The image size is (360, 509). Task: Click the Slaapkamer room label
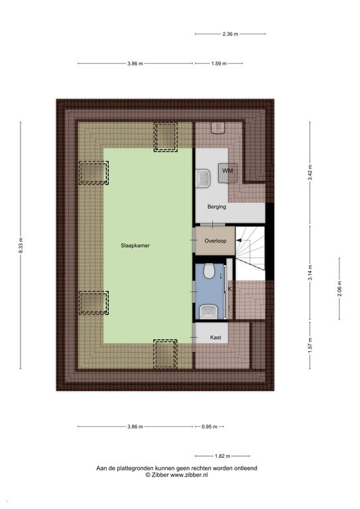(x=135, y=246)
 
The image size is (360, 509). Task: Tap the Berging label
(x=217, y=207)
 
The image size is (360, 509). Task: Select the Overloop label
(x=215, y=241)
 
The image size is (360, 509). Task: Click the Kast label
(x=215, y=337)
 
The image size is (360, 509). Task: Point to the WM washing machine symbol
(x=227, y=172)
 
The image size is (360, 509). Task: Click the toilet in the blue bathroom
(x=209, y=270)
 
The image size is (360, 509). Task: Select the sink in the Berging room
(x=204, y=178)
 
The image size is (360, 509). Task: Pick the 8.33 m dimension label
(x=21, y=245)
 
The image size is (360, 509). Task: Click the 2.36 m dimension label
(x=230, y=34)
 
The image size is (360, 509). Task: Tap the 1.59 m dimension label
(x=219, y=64)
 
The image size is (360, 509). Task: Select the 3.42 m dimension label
(x=310, y=172)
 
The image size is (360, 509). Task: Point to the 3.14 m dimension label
(x=310, y=273)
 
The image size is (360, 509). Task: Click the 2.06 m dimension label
(x=339, y=288)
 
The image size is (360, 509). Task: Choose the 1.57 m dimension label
(x=310, y=345)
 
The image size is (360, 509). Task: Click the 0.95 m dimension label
(x=210, y=427)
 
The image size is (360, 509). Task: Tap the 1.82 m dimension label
(x=222, y=456)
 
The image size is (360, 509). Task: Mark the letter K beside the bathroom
(x=230, y=288)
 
